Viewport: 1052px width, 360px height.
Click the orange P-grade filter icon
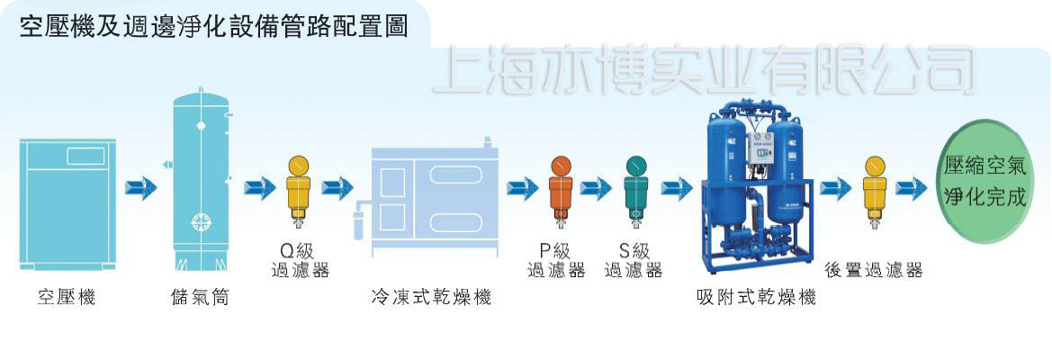(x=561, y=192)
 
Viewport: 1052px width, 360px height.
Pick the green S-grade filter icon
(x=636, y=192)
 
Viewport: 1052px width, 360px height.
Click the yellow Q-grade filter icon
(x=299, y=192)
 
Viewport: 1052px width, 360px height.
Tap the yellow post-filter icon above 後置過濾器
(x=875, y=192)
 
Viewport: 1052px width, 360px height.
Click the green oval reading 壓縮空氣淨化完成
(x=985, y=182)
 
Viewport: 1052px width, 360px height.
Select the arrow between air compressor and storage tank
(x=141, y=187)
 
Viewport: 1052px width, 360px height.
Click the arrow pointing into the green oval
(x=912, y=189)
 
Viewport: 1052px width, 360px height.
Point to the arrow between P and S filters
(x=596, y=189)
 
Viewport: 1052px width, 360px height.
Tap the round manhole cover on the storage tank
(x=202, y=222)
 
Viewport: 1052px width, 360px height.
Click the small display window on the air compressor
(x=85, y=157)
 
